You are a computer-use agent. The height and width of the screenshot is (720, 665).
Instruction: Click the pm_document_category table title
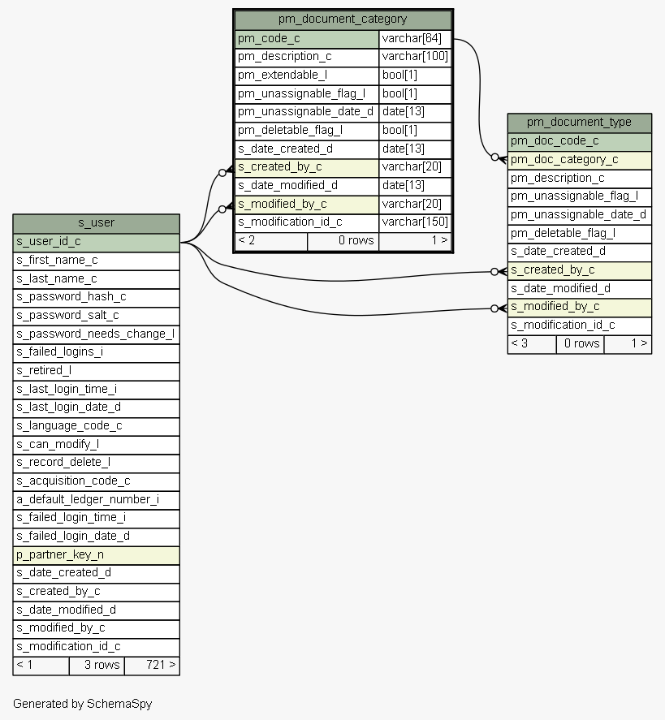pos(343,19)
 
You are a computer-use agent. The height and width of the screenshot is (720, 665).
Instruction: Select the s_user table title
pos(96,223)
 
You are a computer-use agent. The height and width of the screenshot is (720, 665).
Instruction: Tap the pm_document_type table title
pos(579,122)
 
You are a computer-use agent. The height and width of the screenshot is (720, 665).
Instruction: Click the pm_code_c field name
pos(269,39)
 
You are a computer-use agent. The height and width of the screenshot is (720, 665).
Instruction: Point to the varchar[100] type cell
pos(415,57)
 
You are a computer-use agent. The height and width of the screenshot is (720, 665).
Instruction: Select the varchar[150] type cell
pos(415,222)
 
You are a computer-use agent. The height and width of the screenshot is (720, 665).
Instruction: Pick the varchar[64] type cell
pos(412,39)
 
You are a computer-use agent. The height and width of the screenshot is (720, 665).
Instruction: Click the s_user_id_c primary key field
pos(49,242)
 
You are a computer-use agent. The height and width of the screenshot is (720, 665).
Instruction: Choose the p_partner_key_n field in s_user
pos(60,554)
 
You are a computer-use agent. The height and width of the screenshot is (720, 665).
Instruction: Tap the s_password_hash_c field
pos(71,296)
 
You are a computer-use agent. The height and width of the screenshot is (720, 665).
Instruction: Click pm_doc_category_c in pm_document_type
pos(564,160)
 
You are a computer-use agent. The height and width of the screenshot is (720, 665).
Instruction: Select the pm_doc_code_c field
pos(555,141)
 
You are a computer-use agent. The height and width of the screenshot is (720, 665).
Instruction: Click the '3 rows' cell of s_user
pos(102,665)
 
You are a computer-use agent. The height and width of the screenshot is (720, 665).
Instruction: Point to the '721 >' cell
pos(161,665)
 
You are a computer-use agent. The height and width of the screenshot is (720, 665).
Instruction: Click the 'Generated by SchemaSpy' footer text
pos(83,704)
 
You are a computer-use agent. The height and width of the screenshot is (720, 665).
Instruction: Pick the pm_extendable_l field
pos(283,75)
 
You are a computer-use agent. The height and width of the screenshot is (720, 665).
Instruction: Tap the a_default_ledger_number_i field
pos(88,499)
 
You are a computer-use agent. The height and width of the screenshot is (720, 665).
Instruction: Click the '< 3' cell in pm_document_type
pos(520,343)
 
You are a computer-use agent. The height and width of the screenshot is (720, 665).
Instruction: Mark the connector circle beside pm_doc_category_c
pos(494,157)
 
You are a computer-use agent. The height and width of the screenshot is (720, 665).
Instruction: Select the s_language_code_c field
pos(69,425)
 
